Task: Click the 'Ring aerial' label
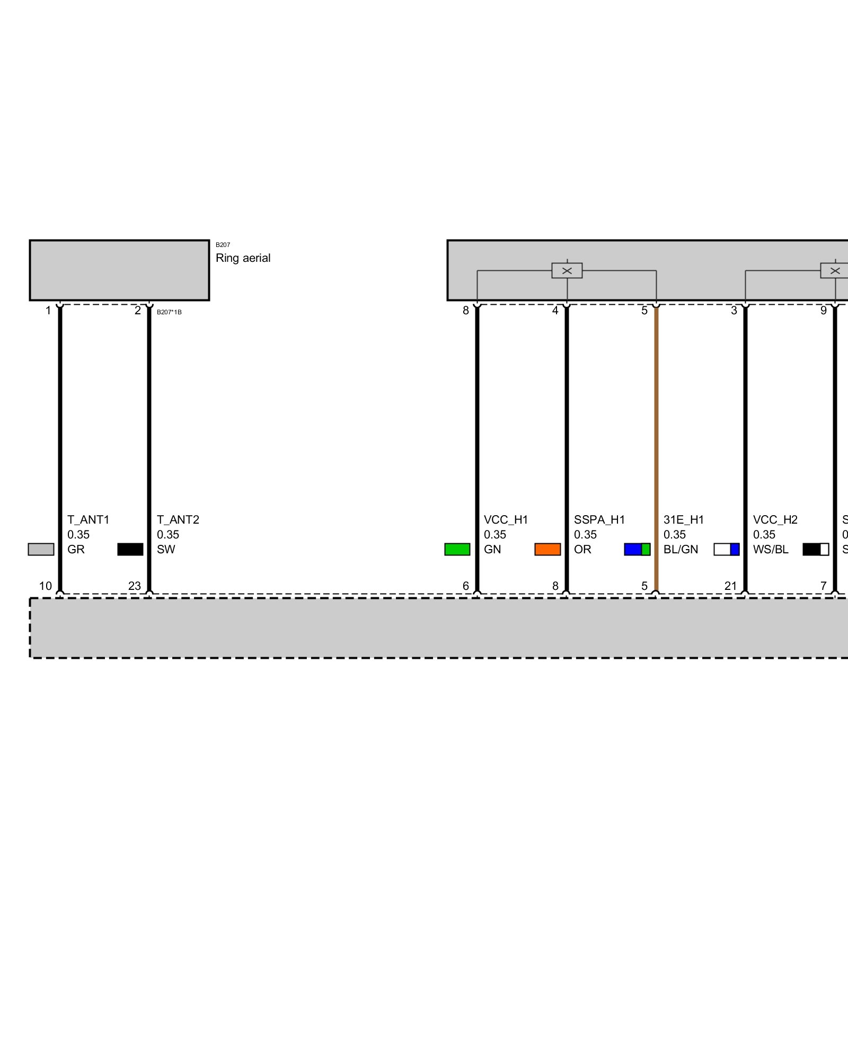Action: (243, 258)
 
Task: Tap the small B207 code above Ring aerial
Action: (223, 245)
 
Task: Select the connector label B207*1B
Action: (169, 312)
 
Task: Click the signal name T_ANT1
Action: (88, 519)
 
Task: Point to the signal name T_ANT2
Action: (178, 519)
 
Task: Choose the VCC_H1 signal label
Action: (506, 519)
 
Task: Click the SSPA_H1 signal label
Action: (599, 519)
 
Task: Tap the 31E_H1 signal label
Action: (683, 519)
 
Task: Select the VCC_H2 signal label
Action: (775, 519)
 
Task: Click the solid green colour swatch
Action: (457, 549)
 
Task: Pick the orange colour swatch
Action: (547, 549)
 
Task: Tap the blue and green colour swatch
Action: (637, 549)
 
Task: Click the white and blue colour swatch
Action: (726, 549)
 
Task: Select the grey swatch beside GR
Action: (41, 549)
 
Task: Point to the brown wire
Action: (656, 424)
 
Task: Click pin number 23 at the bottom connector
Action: (135, 586)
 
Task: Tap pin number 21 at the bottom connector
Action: (730, 586)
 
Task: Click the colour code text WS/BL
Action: (770, 549)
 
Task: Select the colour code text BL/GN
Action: (681, 549)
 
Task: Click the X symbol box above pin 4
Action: (567, 270)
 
